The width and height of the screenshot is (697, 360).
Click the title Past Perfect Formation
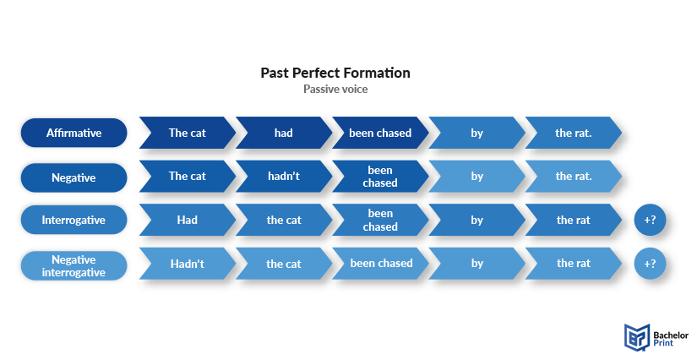pyautogui.click(x=335, y=73)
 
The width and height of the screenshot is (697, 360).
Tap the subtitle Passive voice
pyautogui.click(x=335, y=89)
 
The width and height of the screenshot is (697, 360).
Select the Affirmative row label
pyautogui.click(x=74, y=133)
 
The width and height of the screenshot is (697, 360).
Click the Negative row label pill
pyautogui.click(x=74, y=177)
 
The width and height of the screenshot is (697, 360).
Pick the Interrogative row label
pyautogui.click(x=74, y=220)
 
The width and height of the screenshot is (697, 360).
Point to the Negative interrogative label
pyautogui.click(x=74, y=266)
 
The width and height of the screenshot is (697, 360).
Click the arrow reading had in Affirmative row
pyautogui.click(x=284, y=133)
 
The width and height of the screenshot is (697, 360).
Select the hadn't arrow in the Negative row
pyautogui.click(x=284, y=177)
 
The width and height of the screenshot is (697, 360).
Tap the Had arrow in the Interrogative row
pyautogui.click(x=188, y=220)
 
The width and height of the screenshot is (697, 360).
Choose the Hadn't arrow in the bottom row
pyautogui.click(x=188, y=264)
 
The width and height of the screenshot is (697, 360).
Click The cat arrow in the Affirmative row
pyautogui.click(x=188, y=133)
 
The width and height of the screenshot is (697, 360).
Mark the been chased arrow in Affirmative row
pyautogui.click(x=380, y=133)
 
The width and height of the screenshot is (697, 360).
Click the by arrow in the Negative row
pyautogui.click(x=476, y=177)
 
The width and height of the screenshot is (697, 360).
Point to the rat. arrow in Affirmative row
pyautogui.click(x=574, y=133)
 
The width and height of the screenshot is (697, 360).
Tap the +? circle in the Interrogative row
pyautogui.click(x=650, y=220)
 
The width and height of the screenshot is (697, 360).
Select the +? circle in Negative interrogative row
pyautogui.click(x=650, y=264)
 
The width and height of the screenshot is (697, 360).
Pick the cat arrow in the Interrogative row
pyautogui.click(x=284, y=220)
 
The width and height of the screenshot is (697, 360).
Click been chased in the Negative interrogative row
pyautogui.click(x=380, y=264)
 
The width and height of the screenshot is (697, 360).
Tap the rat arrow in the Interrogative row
pyautogui.click(x=574, y=220)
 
